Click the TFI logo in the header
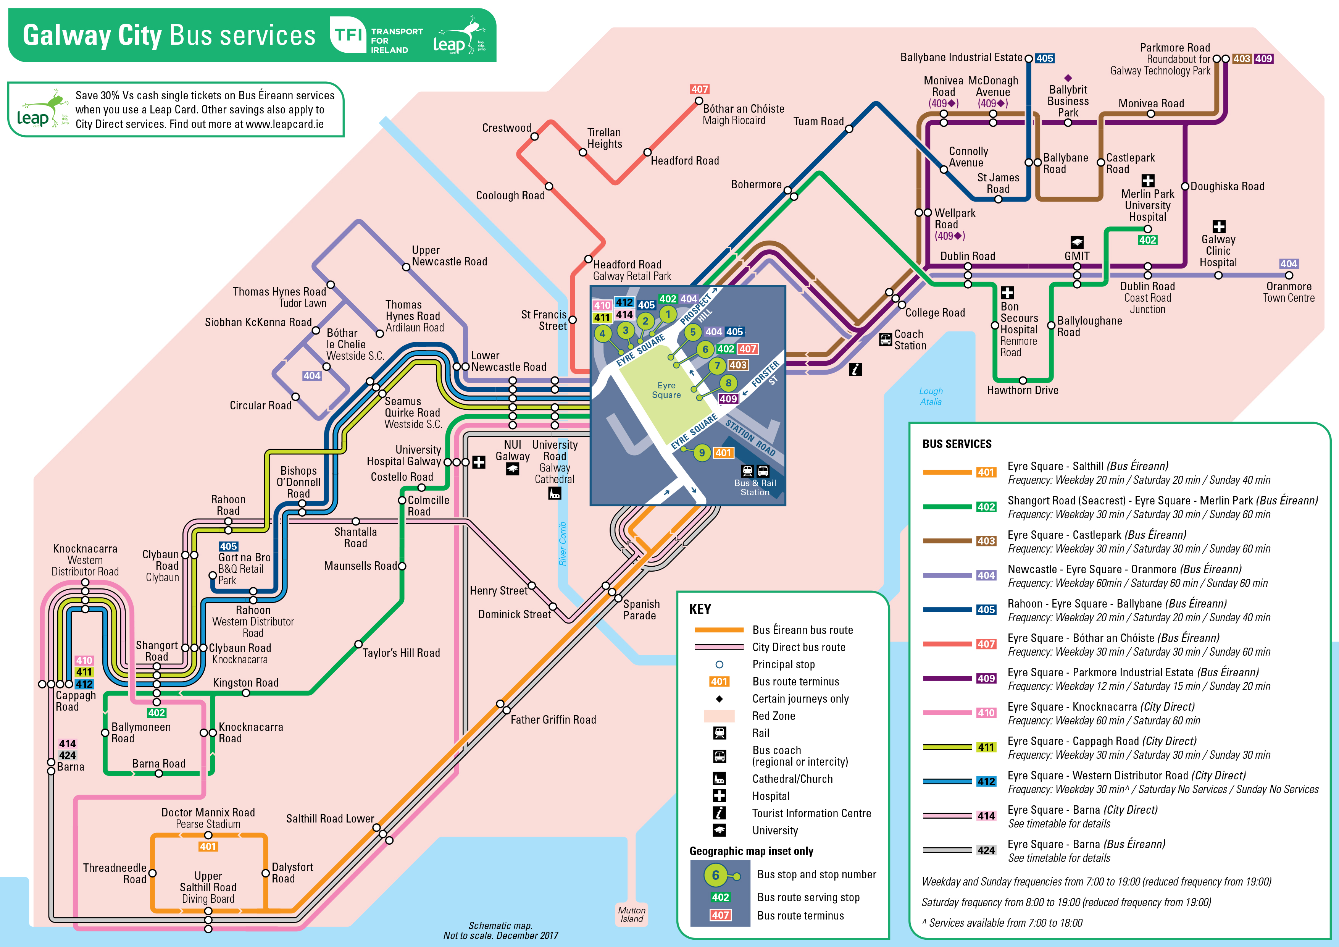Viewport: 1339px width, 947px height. (349, 35)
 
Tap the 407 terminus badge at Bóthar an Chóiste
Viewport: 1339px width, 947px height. (699, 89)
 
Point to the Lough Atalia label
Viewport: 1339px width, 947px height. (930, 396)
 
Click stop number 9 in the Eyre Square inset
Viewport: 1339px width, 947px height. (702, 453)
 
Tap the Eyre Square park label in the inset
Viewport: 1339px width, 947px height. (666, 390)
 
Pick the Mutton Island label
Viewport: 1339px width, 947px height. (632, 914)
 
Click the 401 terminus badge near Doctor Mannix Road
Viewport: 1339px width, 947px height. (208, 847)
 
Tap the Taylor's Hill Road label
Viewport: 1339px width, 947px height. (401, 653)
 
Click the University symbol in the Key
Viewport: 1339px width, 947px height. (719, 830)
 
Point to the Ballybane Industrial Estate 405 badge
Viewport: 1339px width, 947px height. (1044, 58)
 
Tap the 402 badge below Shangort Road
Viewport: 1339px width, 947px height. (156, 713)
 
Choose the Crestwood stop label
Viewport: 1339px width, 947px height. (506, 128)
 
